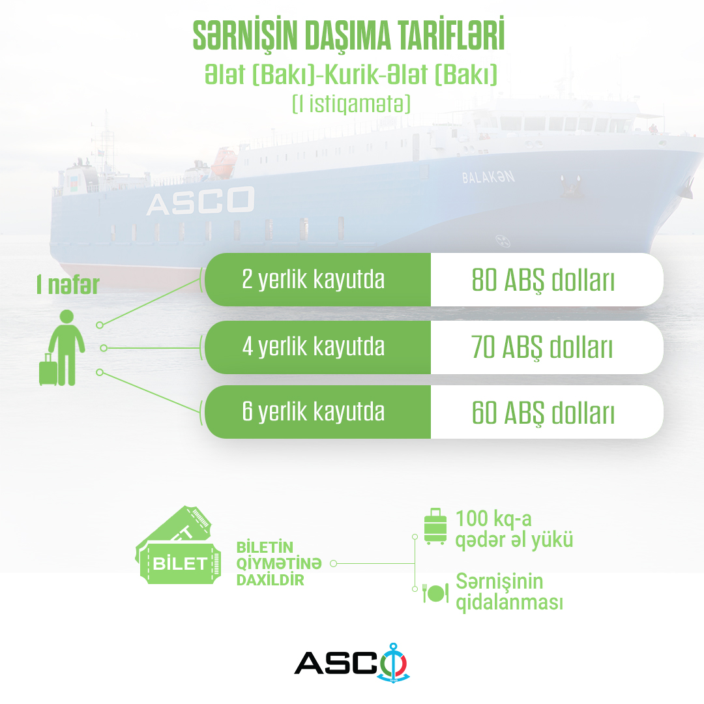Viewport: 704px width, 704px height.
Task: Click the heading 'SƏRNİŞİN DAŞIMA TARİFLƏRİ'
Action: click(348, 35)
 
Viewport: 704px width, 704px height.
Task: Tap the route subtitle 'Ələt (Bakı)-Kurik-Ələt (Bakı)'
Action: click(351, 74)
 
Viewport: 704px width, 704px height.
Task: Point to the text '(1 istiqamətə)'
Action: click(351, 104)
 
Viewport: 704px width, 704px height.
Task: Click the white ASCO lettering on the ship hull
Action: click(200, 201)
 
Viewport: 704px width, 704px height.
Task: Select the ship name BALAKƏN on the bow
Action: click(488, 177)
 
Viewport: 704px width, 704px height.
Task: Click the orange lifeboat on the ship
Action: click(223, 162)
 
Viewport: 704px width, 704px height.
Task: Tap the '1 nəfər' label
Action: click(68, 285)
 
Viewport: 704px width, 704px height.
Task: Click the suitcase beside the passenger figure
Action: click(48, 370)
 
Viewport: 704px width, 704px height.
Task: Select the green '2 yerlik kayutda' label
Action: click(314, 279)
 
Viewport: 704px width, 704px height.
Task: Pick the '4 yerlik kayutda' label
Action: click(314, 347)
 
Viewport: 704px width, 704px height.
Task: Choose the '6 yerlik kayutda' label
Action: click(314, 411)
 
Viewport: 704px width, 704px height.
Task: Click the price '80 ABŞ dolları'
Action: click(543, 280)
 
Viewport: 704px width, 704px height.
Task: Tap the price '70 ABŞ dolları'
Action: click(542, 347)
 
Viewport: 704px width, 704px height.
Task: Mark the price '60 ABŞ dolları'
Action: click(543, 413)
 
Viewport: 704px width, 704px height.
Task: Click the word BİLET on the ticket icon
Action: click(180, 564)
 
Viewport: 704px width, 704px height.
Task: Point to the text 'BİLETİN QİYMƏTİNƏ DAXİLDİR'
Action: click(279, 563)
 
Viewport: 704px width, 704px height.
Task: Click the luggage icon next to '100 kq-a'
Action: click(435, 526)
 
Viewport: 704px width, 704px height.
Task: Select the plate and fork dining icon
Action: click(435, 593)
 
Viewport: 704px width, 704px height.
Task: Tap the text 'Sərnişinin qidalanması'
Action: click(509, 592)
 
